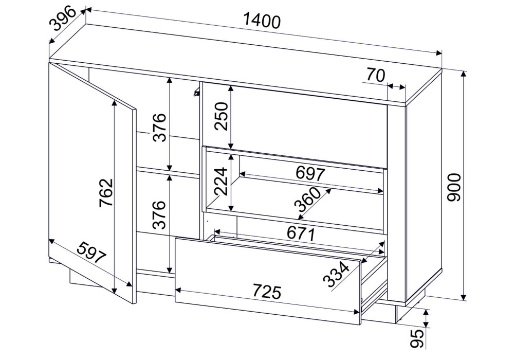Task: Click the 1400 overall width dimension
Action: (262, 21)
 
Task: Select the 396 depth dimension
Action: (63, 20)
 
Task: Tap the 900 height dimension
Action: (454, 188)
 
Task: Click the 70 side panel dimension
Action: (375, 76)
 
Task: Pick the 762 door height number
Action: (106, 193)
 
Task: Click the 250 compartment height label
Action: (221, 116)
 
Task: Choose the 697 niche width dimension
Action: (310, 173)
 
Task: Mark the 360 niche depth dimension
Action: (307, 199)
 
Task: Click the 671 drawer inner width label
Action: (301, 233)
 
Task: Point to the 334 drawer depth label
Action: (336, 274)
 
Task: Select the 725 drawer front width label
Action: (267, 292)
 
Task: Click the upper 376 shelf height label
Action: (160, 127)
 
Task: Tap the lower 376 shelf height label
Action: (160, 214)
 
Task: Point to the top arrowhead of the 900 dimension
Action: (463, 74)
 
